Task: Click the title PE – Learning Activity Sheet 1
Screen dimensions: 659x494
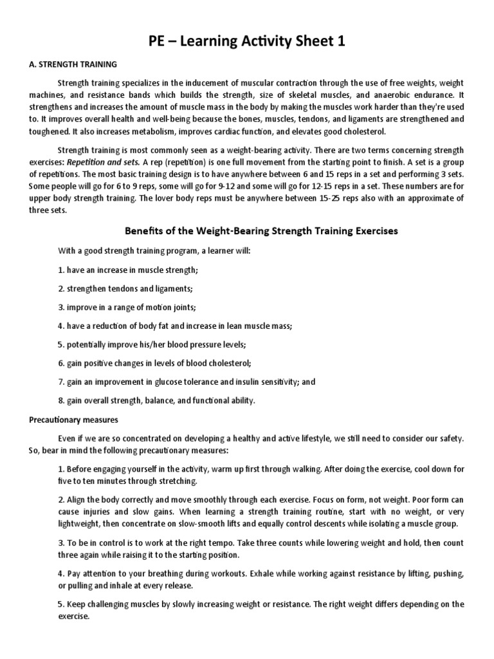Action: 247,42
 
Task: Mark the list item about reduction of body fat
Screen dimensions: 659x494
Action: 174,326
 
